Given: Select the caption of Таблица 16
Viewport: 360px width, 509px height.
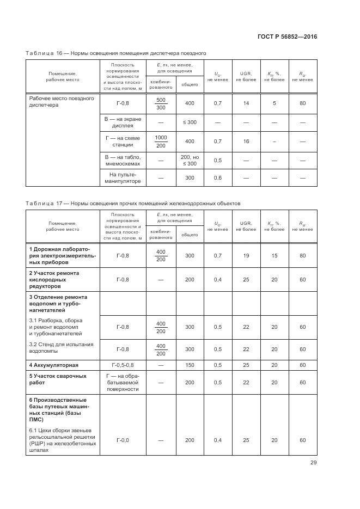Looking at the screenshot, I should click(x=115, y=53).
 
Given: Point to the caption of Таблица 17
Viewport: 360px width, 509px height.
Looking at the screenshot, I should click(x=132, y=203).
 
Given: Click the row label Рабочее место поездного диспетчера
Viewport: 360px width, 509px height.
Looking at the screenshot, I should click(x=62, y=102).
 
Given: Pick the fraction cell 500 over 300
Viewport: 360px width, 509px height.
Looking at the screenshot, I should click(x=161, y=103).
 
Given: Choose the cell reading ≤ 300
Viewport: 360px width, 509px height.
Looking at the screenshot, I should click(x=190, y=122).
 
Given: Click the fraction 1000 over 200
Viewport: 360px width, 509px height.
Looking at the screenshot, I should click(x=161, y=142).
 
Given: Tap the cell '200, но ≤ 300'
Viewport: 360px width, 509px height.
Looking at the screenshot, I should click(x=190, y=160).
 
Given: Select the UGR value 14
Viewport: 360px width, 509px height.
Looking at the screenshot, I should click(x=246, y=103).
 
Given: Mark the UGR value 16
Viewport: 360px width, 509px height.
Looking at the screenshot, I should click(x=246, y=142).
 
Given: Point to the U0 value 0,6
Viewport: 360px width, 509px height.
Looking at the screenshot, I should click(x=218, y=178).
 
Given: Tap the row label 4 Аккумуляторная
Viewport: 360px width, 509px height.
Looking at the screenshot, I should click(x=54, y=365).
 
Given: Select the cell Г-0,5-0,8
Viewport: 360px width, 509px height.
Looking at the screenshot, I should click(x=123, y=365).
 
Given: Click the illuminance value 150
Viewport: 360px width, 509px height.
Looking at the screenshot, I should click(x=190, y=365).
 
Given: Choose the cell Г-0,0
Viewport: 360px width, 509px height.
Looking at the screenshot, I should click(x=123, y=440).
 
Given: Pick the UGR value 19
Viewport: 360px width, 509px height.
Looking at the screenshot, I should click(x=246, y=255).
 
